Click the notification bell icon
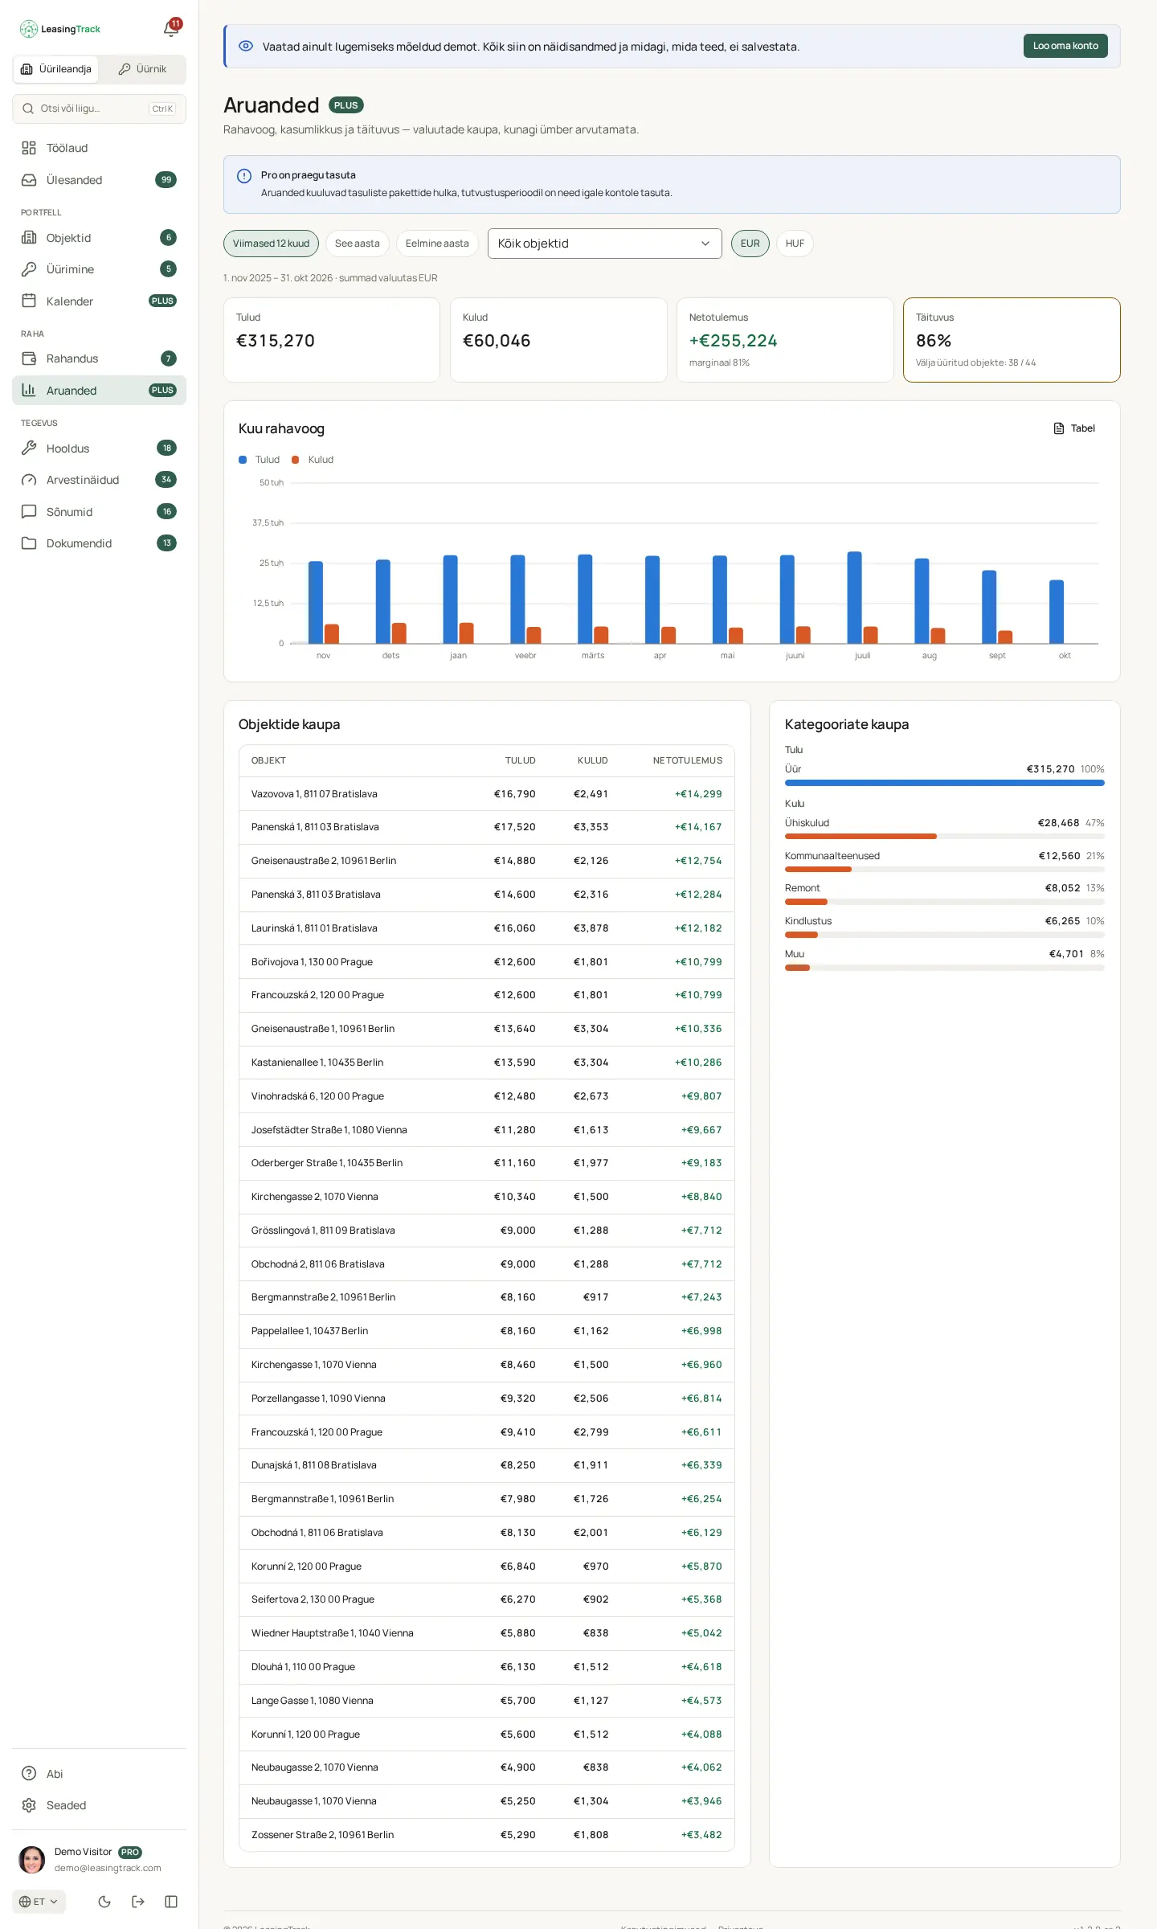[x=170, y=30]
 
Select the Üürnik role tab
[x=142, y=69]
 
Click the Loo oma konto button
[x=1065, y=46]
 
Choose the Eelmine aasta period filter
[x=437, y=244]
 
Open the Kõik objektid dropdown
[x=604, y=244]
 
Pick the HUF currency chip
[x=795, y=244]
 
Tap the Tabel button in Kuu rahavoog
[x=1074, y=428]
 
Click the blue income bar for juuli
[x=854, y=597]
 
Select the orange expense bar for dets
[x=399, y=633]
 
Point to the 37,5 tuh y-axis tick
[x=268, y=522]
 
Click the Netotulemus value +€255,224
[x=733, y=341]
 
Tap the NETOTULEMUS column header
[x=688, y=760]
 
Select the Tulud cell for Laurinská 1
[x=515, y=928]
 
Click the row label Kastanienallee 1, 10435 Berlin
[x=317, y=1063]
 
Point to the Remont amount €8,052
[x=1062, y=888]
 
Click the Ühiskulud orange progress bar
[x=861, y=837]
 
